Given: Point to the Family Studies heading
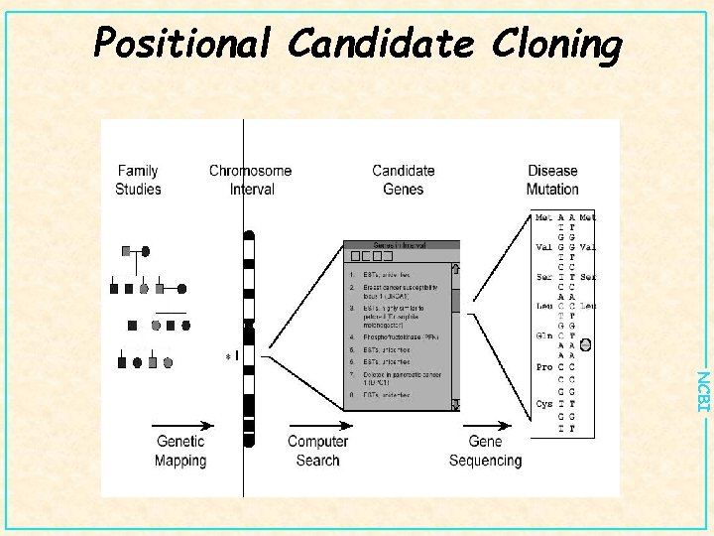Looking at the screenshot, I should (x=138, y=180).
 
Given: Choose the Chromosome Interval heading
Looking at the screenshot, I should (x=251, y=180).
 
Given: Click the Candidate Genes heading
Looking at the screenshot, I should (x=403, y=180).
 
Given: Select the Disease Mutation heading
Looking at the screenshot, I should (x=552, y=180).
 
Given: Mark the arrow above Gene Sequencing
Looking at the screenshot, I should (x=486, y=421).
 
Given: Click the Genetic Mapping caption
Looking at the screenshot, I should (x=180, y=451).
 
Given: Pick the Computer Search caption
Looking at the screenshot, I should (x=317, y=451).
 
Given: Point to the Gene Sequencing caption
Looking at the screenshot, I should (x=486, y=451).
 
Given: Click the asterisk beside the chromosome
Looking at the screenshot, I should (x=228, y=356).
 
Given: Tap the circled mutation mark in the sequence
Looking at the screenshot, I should (x=585, y=345).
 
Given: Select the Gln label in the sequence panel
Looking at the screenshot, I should (x=544, y=335).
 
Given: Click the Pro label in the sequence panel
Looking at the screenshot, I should (x=544, y=367).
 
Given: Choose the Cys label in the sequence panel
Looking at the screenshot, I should (x=544, y=404).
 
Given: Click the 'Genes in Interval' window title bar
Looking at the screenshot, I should (x=402, y=245).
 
